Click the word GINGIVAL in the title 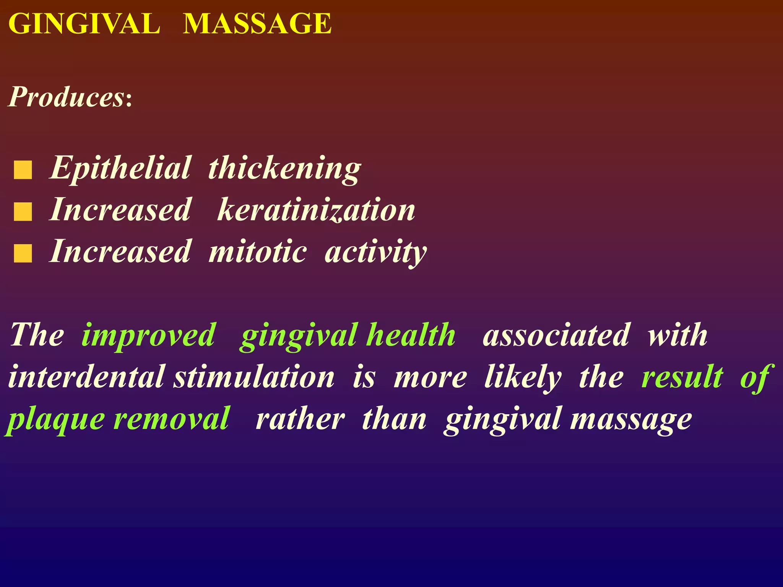coord(84,24)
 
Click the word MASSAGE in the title coord(257,24)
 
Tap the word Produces coord(67,97)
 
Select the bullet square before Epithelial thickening coord(23,170)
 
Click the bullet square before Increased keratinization coord(23,212)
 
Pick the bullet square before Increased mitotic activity coord(23,253)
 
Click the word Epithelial coord(120,168)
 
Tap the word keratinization coord(316,210)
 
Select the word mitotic coord(257,251)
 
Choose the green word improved coord(149,335)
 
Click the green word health coord(411,335)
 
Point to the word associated coord(556,335)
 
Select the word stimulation coord(254,377)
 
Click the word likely coord(523,377)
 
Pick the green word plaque coord(56,419)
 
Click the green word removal coord(172,419)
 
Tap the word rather coord(301,419)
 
